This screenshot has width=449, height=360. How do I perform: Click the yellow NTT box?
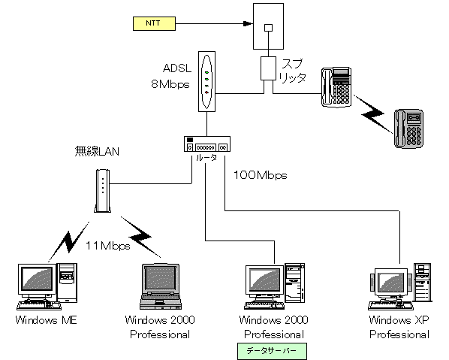pyautogui.click(x=154, y=23)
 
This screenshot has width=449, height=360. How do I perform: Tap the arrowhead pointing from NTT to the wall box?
pyautogui.click(x=248, y=23)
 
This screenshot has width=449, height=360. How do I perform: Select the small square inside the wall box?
pyautogui.click(x=268, y=28)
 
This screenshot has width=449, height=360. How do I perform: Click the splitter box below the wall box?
pyautogui.click(x=268, y=68)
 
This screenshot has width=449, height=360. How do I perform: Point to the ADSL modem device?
pyautogui.click(x=206, y=81)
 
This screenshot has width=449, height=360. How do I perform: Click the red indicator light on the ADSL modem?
pyautogui.click(x=206, y=92)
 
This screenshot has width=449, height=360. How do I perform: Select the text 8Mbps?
pyautogui.click(x=170, y=84)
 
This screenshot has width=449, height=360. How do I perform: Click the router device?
pyautogui.click(x=207, y=144)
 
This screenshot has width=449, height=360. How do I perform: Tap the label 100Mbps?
pyautogui.click(x=261, y=175)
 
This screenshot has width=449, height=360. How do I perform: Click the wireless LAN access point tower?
pyautogui.click(x=103, y=191)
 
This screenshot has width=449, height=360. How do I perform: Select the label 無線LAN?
pyautogui.click(x=97, y=151)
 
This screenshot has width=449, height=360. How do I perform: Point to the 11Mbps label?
pyautogui.click(x=108, y=246)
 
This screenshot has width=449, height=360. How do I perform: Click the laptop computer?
pyautogui.click(x=161, y=286)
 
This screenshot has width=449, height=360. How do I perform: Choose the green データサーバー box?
pyautogui.click(x=272, y=351)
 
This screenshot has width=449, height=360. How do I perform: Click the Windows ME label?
pyautogui.click(x=47, y=320)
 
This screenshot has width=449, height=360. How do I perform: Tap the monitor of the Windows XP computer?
pyautogui.click(x=391, y=283)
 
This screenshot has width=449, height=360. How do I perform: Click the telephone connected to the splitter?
pyautogui.click(x=336, y=87)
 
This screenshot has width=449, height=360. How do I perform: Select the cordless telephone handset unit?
pyautogui.click(x=409, y=129)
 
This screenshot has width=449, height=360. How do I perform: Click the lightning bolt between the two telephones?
pyautogui.click(x=373, y=113)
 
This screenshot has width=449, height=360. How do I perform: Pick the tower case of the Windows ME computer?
pyautogui.click(x=68, y=283)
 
